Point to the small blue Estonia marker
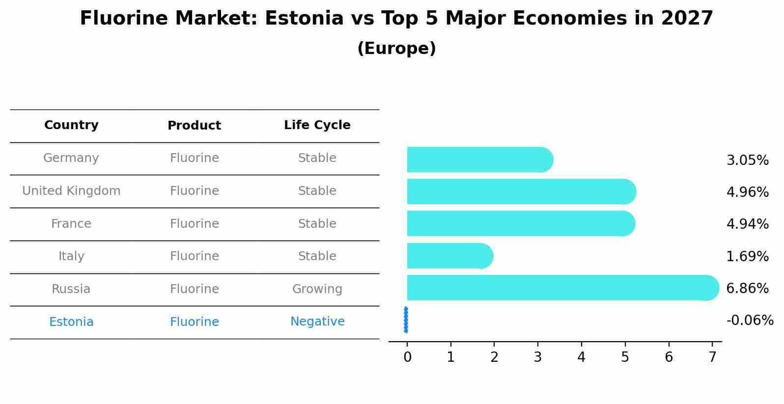406,320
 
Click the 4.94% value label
747,224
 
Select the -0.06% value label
750,321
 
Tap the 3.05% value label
747,160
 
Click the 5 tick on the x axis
625,357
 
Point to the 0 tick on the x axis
407,357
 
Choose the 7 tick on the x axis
712,357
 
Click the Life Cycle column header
317,125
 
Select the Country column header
71,125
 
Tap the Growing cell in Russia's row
317,289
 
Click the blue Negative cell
317,322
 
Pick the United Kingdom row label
71,191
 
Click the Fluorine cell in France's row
194,224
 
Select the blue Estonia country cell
71,322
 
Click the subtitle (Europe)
396,49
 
